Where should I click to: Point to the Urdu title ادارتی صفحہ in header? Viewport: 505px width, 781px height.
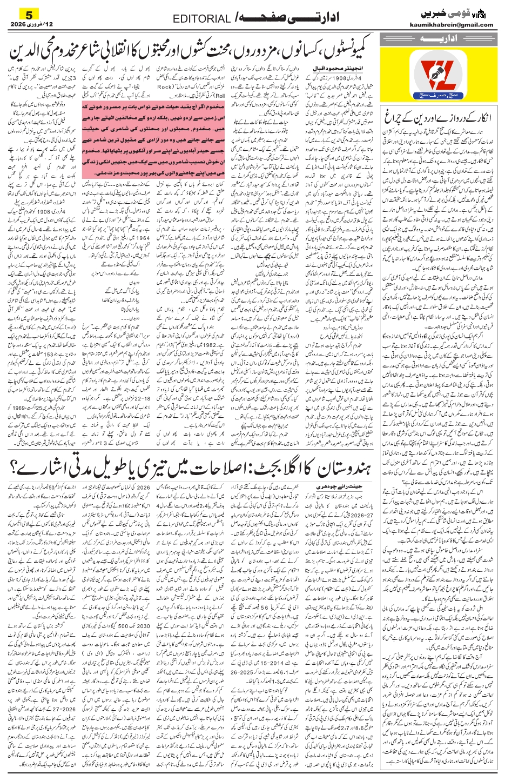(292, 18)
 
